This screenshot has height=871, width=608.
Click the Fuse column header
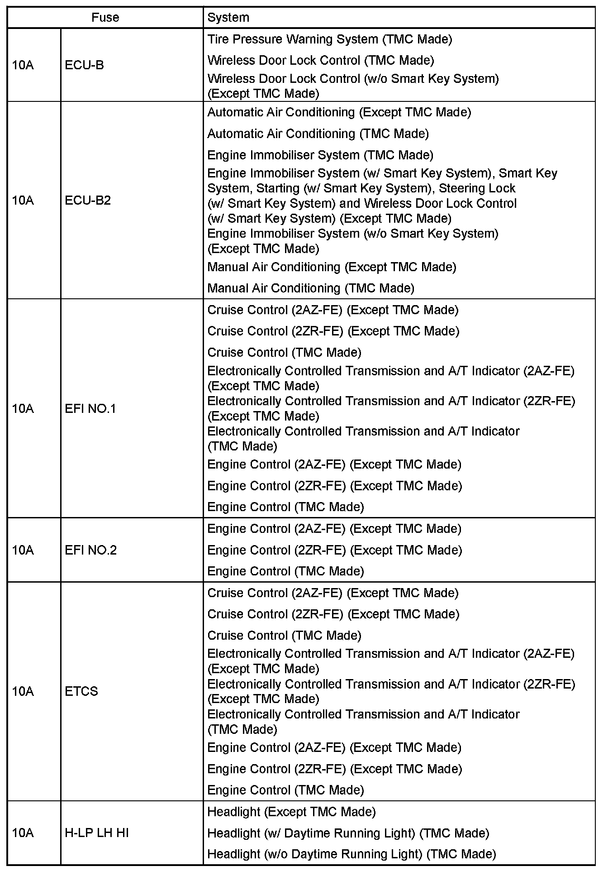coord(105,18)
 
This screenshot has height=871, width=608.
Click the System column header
coord(228,18)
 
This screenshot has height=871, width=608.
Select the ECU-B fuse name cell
coord(85,65)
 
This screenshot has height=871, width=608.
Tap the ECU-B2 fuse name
coord(88,200)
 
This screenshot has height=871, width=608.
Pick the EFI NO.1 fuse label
coord(90,408)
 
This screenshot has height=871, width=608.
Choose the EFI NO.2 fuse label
coord(90,550)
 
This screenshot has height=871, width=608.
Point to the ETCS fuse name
coord(81,691)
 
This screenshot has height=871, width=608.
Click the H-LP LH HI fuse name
coord(97,833)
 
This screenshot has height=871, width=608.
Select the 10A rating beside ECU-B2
coord(23,200)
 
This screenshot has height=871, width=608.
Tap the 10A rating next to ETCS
coord(23,691)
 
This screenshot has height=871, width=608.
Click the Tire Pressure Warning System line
coord(330,39)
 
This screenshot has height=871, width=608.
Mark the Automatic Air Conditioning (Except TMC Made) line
coord(339,112)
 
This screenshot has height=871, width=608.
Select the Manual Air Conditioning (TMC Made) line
coord(311,288)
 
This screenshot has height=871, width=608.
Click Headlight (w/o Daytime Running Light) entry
coord(351,854)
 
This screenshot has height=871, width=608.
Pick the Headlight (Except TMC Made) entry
coord(291,812)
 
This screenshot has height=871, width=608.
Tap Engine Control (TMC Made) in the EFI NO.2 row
coord(285,571)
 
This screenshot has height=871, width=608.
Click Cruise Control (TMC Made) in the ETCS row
coord(284,635)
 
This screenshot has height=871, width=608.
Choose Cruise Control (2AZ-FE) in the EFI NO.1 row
coord(332,310)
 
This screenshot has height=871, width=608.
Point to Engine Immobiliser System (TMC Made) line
coord(320,155)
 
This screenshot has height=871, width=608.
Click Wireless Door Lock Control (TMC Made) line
coord(321,60)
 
